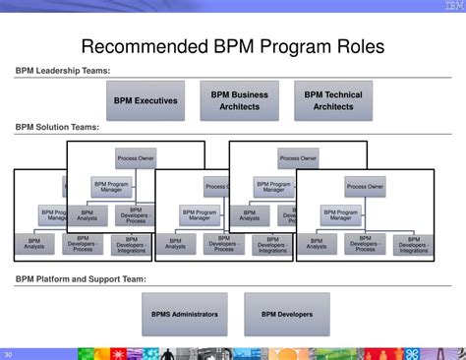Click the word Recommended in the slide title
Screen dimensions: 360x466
click(x=144, y=46)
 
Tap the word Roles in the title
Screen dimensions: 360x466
click(x=355, y=46)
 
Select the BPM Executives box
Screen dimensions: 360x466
click(x=145, y=100)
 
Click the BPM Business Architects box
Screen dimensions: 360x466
click(x=239, y=100)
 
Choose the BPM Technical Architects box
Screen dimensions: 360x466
click(x=332, y=100)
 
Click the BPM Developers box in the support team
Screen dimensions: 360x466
click(x=287, y=314)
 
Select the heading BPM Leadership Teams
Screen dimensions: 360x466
click(x=62, y=71)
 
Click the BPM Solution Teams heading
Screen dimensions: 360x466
click(x=57, y=127)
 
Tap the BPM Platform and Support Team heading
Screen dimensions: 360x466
click(x=80, y=279)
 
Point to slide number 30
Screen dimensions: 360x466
click(x=9, y=354)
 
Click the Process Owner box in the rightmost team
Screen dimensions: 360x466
click(x=365, y=186)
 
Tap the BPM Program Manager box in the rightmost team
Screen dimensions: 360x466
click(x=340, y=214)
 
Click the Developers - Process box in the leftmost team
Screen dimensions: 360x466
click(x=83, y=245)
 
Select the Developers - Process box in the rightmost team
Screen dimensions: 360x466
click(x=365, y=245)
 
